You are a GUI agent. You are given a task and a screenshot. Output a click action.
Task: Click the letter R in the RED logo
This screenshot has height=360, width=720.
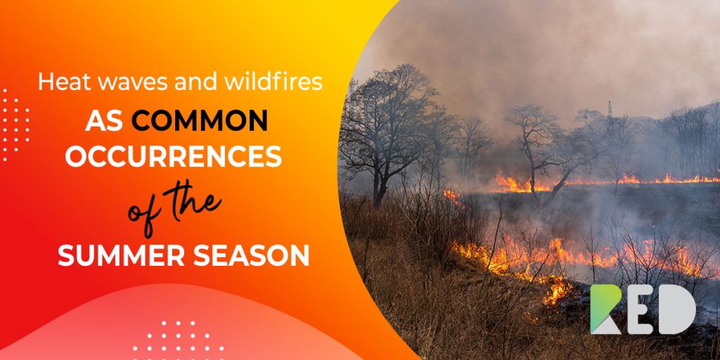(x=605, y=309)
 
